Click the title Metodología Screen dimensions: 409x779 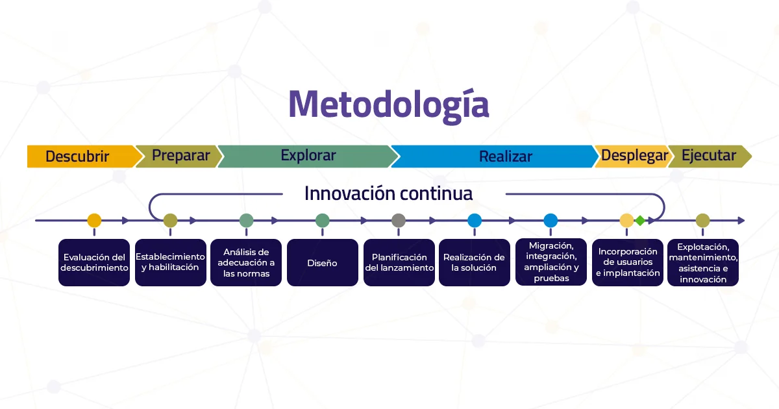coord(388,105)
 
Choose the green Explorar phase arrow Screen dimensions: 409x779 coord(308,156)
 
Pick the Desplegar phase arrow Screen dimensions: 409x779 coord(634,156)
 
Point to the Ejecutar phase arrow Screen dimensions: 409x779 coord(708,156)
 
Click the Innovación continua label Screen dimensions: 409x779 coord(388,193)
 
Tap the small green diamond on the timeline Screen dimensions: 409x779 coord(640,221)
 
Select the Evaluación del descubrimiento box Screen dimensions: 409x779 coord(94,262)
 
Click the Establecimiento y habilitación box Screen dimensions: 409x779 coord(170,262)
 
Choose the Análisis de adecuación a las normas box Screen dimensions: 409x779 coord(246,262)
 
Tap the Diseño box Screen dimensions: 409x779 coord(323,262)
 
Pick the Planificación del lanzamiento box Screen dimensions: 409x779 coord(399,262)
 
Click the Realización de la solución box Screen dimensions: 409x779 coord(475,262)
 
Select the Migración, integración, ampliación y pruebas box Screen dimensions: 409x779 coord(550,262)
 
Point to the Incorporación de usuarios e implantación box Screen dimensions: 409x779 coord(627,262)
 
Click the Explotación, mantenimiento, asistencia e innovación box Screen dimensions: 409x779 coord(703,262)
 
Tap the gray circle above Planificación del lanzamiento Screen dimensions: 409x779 coord(399,221)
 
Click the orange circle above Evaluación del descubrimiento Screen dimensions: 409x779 coord(94,221)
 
